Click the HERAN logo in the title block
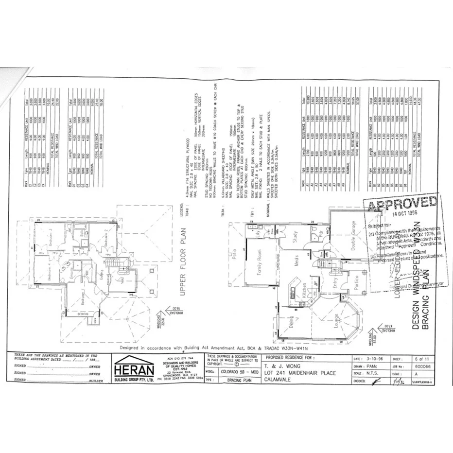[132, 366]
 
